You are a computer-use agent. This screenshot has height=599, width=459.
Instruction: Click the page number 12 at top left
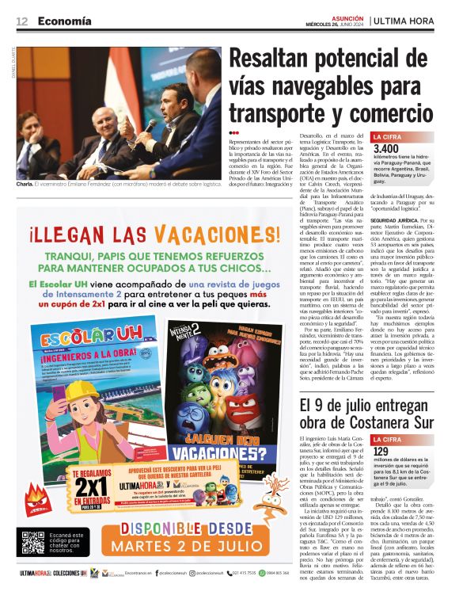tap(21, 21)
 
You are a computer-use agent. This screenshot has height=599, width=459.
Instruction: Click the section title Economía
tap(64, 21)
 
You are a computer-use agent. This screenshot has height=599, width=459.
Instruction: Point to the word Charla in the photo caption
tap(25, 184)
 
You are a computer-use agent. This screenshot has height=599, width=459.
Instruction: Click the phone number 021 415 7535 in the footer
tap(248, 572)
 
